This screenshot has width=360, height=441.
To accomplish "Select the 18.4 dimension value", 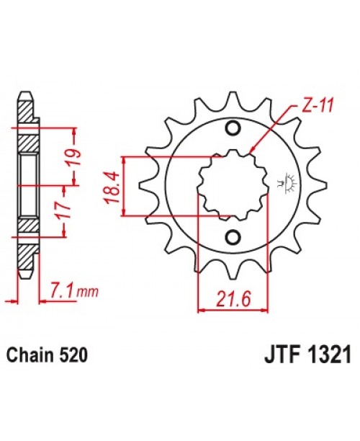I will point(114,185).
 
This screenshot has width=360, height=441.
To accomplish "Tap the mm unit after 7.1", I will point(86,293).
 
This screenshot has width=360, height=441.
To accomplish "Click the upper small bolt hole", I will point(232,129).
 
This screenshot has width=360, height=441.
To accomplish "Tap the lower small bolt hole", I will point(232,238).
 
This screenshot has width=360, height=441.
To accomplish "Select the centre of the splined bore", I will point(232,184).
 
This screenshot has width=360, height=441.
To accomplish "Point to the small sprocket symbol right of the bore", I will point(292,183).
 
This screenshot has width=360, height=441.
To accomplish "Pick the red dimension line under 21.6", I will point(233,310).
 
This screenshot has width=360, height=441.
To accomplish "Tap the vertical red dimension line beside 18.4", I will point(126,185).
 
